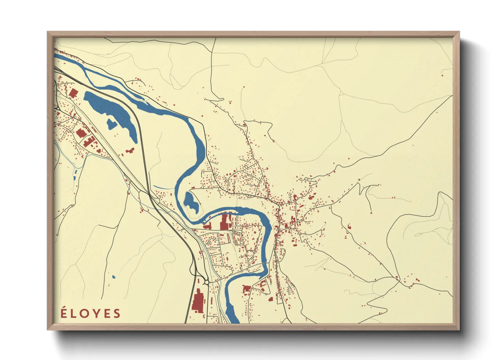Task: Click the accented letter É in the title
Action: coord(63,313)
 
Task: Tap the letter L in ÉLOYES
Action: coord(73,314)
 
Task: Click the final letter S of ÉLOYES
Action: coord(117,314)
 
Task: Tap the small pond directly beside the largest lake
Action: coord(111,124)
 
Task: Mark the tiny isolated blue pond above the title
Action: coord(113,277)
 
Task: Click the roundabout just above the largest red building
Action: coord(206,282)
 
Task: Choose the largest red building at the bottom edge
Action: coord(198,300)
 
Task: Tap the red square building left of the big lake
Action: coord(73,93)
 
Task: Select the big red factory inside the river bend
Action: coord(224,222)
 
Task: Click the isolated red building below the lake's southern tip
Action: coord(130,150)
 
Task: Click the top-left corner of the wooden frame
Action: coord(48,32)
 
